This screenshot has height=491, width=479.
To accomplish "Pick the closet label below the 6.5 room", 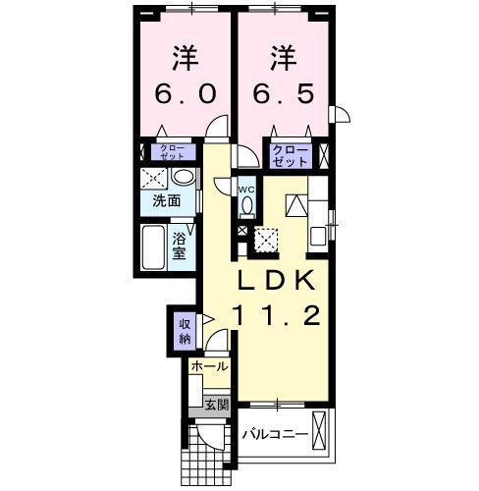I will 291,155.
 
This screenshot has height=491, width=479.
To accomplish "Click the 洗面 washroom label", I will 166,201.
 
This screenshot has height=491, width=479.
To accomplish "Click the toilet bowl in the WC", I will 246,205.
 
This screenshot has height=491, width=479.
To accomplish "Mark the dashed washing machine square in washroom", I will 153,179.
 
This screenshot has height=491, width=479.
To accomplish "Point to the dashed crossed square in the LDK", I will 266,239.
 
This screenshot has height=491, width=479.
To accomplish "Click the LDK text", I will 276,282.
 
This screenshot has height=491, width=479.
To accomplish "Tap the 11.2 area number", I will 275,316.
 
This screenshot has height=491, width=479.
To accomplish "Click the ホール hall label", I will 209,366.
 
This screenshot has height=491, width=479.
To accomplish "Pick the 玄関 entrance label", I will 216,403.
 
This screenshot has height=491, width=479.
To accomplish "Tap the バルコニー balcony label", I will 276,433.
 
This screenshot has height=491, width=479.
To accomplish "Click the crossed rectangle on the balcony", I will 324,433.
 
